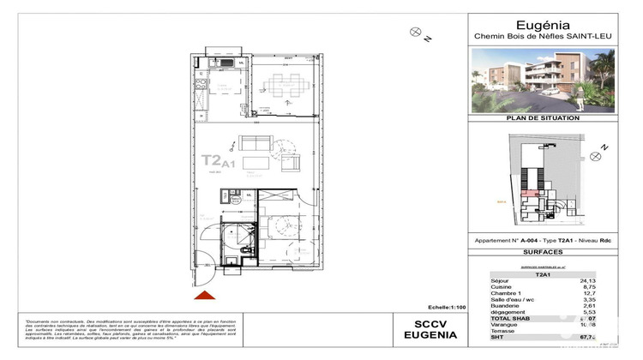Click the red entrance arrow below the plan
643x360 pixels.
click(204, 296)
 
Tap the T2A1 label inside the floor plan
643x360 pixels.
click(218, 160)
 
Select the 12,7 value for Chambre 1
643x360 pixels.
click(610, 293)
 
